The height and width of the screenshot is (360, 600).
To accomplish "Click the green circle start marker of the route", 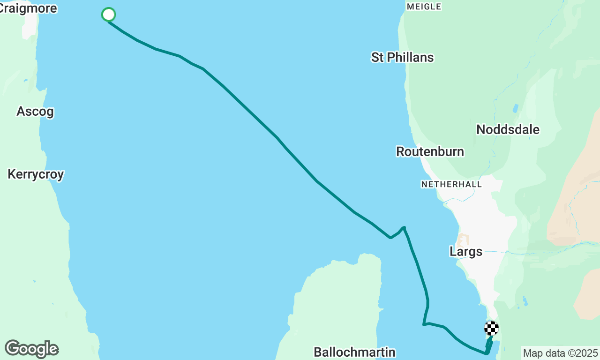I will [x=108, y=15].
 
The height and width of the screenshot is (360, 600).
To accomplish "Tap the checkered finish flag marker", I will [x=491, y=328].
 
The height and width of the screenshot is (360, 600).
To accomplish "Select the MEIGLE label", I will [x=424, y=7].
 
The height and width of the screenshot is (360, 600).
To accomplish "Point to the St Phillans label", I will [x=402, y=57].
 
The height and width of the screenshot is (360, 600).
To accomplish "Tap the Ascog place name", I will [x=35, y=112].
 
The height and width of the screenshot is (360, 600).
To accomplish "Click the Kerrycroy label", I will [x=36, y=174].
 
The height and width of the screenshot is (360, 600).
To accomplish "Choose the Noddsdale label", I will [x=508, y=129].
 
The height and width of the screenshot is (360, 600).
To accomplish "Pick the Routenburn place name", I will [x=430, y=151].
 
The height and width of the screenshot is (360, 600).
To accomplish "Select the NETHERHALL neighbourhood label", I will [x=451, y=184].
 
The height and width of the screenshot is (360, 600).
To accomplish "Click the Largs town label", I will [x=465, y=252].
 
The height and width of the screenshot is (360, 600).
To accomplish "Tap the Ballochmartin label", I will [x=354, y=352].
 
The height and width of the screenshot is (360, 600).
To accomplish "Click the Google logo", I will [x=31, y=349].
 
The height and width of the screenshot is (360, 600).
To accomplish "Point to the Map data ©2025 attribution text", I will [x=560, y=353].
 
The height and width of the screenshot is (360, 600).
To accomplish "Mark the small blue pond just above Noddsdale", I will [x=516, y=108].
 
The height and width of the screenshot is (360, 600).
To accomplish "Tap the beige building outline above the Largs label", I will [x=463, y=240].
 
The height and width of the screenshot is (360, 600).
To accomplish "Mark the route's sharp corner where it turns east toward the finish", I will [x=424, y=324].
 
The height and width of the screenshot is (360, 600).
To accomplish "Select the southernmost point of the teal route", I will [x=487, y=353].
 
